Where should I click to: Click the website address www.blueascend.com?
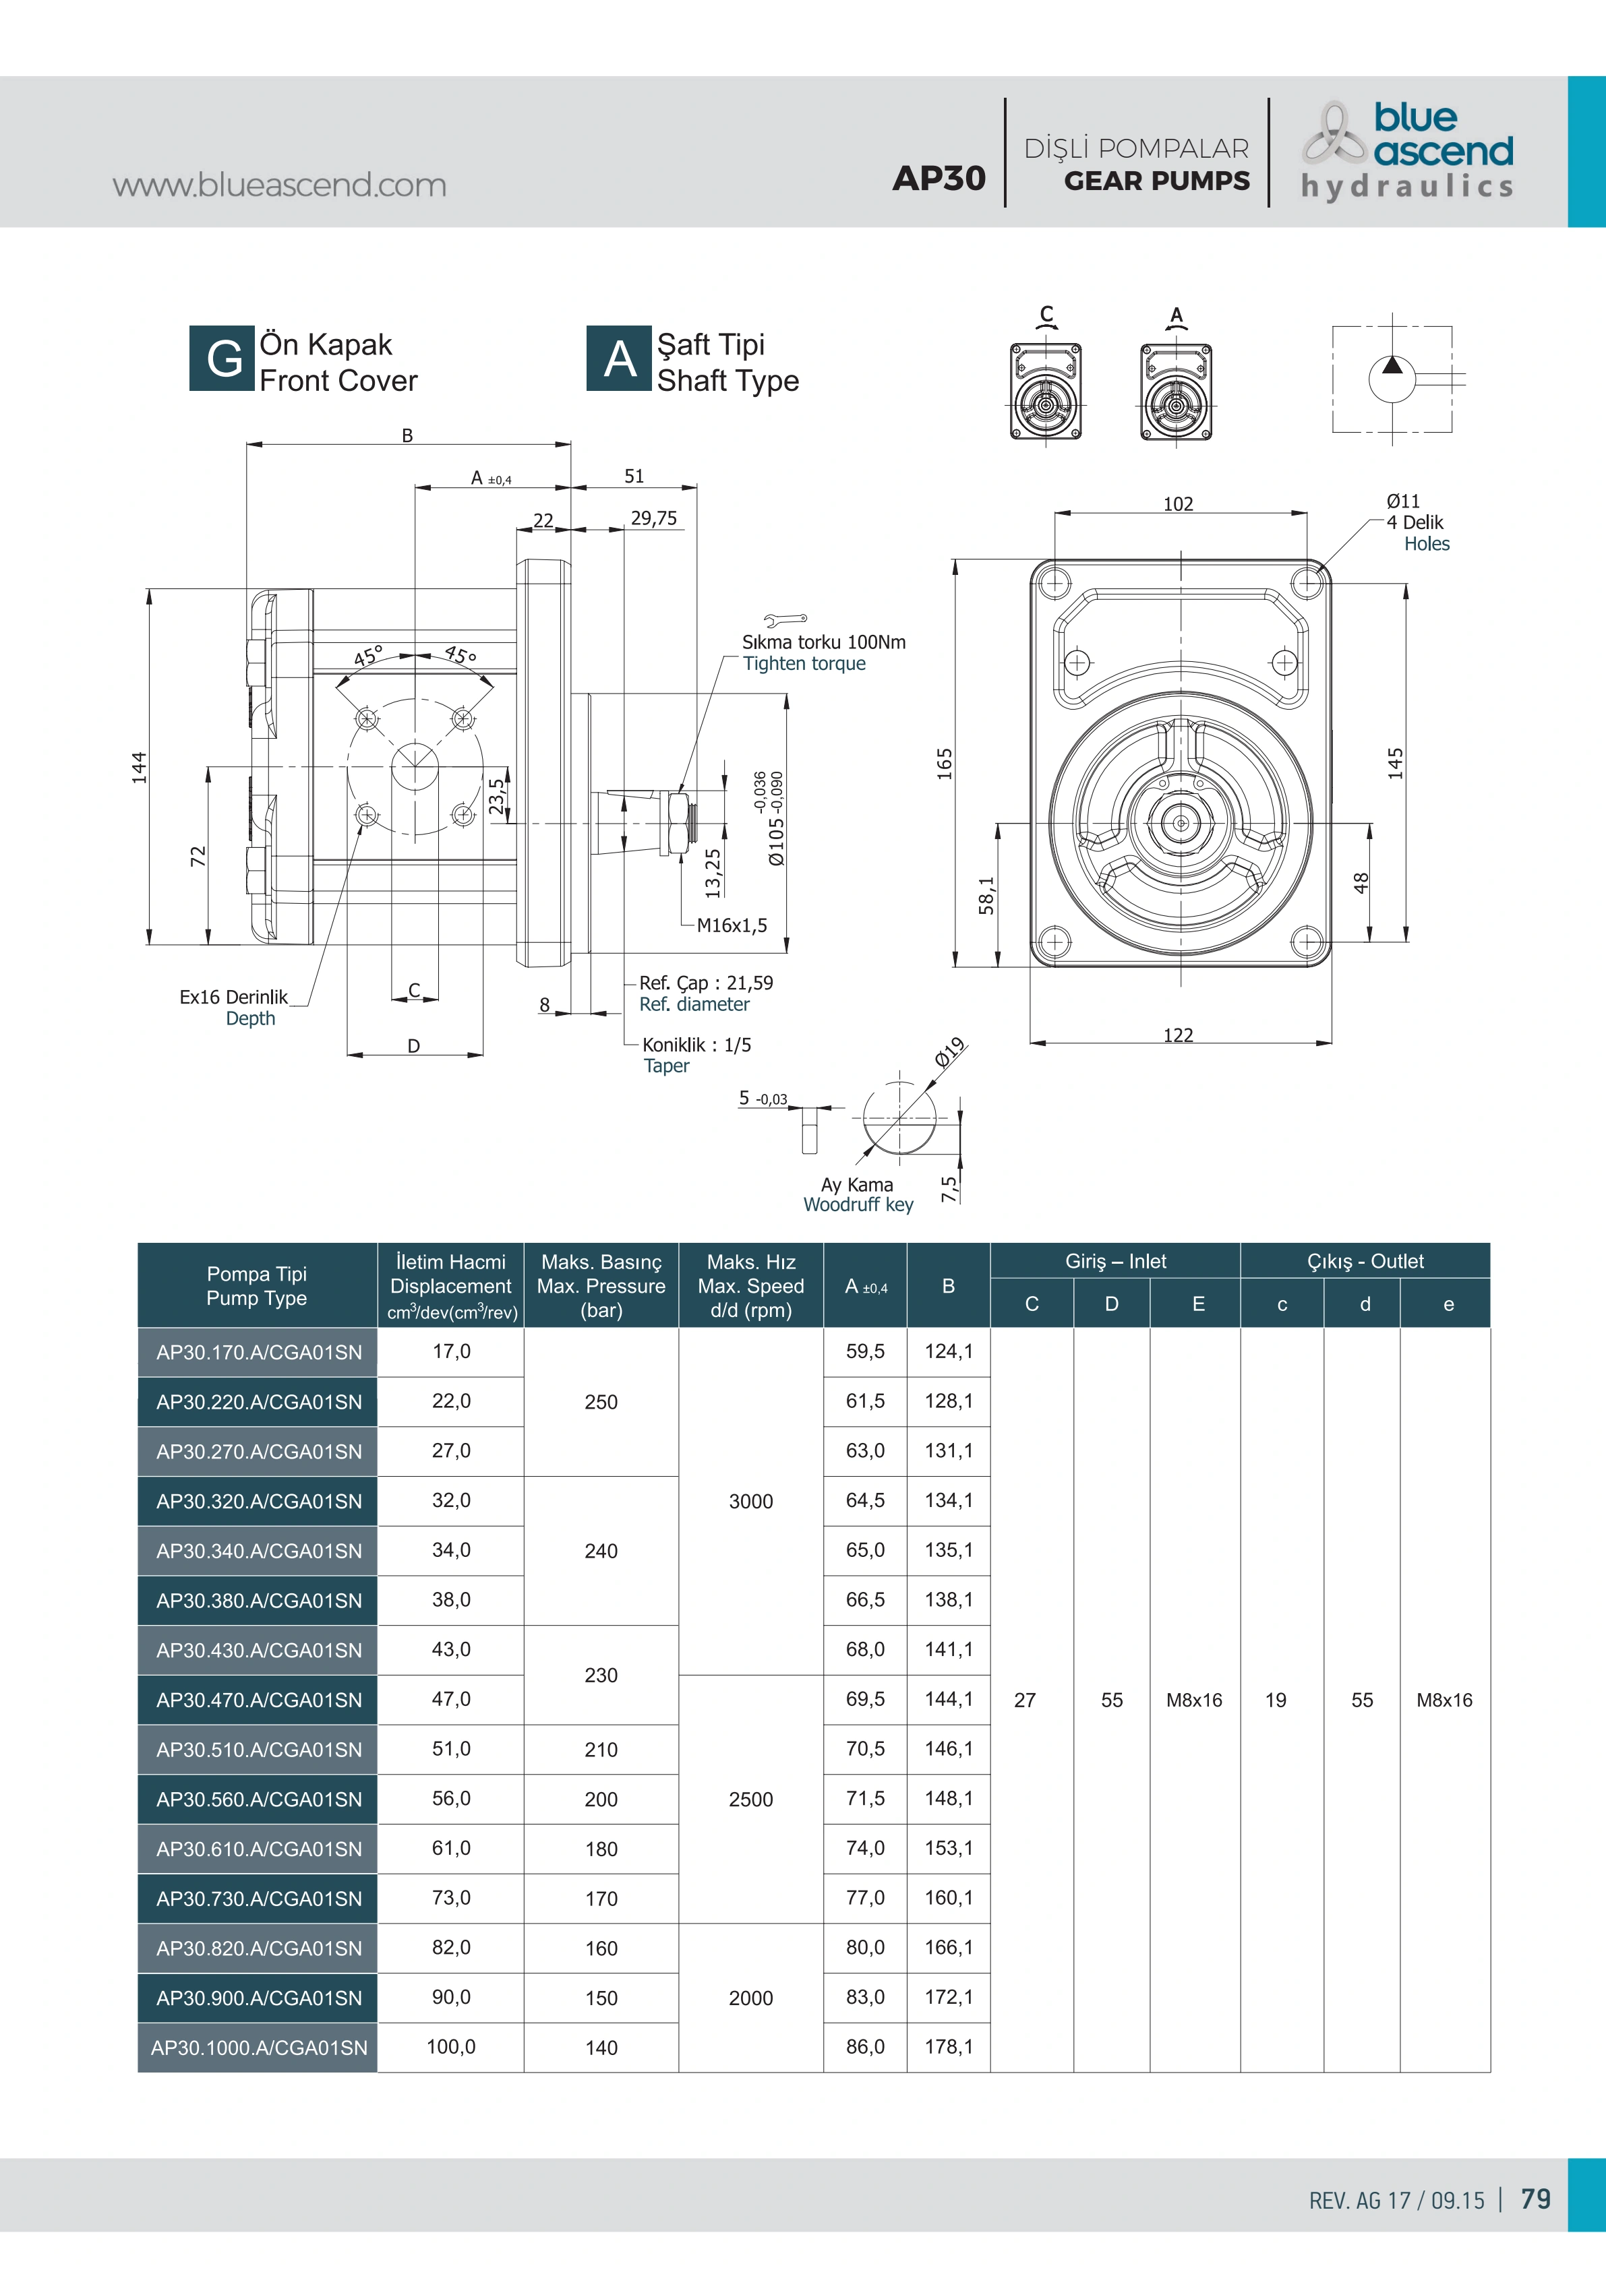(279, 185)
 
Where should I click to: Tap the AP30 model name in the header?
(939, 178)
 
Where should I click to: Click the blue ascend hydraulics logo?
(1407, 151)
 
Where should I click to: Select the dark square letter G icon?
(222, 358)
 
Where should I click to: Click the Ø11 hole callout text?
(1402, 501)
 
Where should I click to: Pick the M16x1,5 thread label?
(732, 925)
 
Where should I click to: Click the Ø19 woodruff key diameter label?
(951, 1052)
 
